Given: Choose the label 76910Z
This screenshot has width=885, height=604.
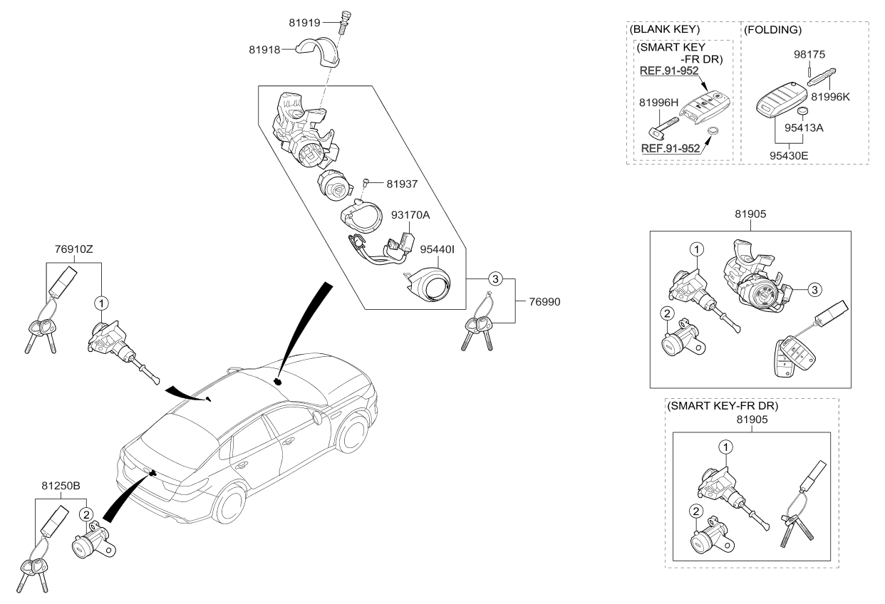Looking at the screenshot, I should (74, 249).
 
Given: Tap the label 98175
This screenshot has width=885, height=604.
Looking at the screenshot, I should (809, 54).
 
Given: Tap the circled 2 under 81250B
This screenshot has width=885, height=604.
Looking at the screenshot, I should (86, 514).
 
